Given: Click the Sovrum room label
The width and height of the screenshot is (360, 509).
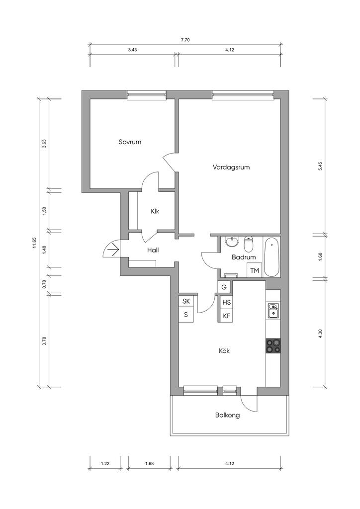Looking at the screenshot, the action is point(130,142).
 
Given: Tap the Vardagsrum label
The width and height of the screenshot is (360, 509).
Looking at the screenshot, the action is point(231,168).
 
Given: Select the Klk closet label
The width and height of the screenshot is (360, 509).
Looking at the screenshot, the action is point(155,211).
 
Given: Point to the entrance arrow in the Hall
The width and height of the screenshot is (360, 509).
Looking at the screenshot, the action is point(113,250).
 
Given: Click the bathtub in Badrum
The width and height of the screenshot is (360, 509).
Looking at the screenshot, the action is point(271,257).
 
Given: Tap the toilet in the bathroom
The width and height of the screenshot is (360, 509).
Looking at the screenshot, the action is point(248,244).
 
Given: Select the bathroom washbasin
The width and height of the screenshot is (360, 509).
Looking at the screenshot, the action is point(232,242).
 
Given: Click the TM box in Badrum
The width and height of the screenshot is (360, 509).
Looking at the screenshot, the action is point(255,270).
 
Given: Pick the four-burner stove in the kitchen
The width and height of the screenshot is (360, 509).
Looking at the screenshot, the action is point(273,346).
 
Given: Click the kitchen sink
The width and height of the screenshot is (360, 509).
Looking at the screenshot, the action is point(273,310).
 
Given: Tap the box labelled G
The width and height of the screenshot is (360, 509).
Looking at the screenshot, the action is point(224,287).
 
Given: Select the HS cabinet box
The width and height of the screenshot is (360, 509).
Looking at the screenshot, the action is point(227,303).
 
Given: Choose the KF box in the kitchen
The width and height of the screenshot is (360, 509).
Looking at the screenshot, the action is point(227,316).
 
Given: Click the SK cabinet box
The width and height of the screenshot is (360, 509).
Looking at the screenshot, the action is point(186,301).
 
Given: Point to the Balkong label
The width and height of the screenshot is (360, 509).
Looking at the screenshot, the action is point(228,415).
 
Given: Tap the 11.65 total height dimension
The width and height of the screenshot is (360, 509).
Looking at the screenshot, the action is point(34,243).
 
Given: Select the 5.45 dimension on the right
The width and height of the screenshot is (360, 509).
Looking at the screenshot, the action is point(320,167).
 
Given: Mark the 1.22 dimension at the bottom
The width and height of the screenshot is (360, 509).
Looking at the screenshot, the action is point(105,464).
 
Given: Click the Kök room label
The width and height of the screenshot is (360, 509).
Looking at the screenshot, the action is point(224,351).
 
